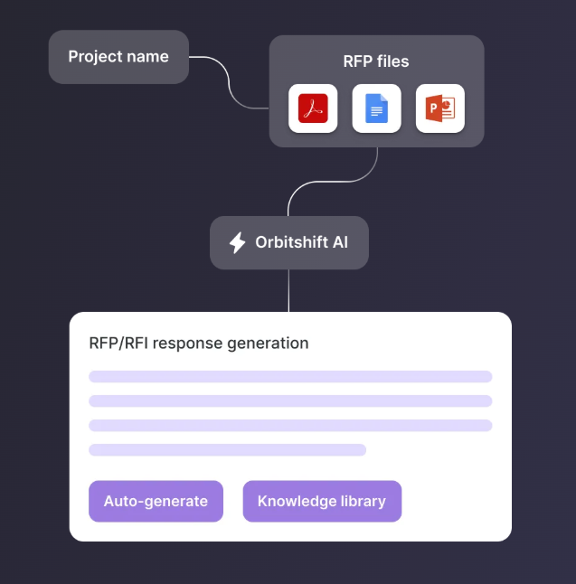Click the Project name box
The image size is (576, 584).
tap(118, 57)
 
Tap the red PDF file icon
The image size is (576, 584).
tap(313, 108)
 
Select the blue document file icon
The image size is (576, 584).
tap(376, 108)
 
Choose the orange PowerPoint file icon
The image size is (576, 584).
tap(439, 108)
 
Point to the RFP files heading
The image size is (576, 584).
tap(376, 61)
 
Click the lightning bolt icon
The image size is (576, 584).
tap(237, 242)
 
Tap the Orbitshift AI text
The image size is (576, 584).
tap(302, 242)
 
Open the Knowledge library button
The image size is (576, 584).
tap(322, 501)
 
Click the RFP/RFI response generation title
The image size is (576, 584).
tap(199, 344)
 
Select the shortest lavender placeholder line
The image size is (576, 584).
tap(227, 449)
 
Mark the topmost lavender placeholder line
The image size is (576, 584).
tap(290, 376)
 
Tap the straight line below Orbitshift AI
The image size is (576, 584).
tap(288, 290)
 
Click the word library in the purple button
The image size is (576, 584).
tap(361, 501)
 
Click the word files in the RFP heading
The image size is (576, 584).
tap(393, 61)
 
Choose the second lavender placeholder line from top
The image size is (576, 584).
tap(290, 400)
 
